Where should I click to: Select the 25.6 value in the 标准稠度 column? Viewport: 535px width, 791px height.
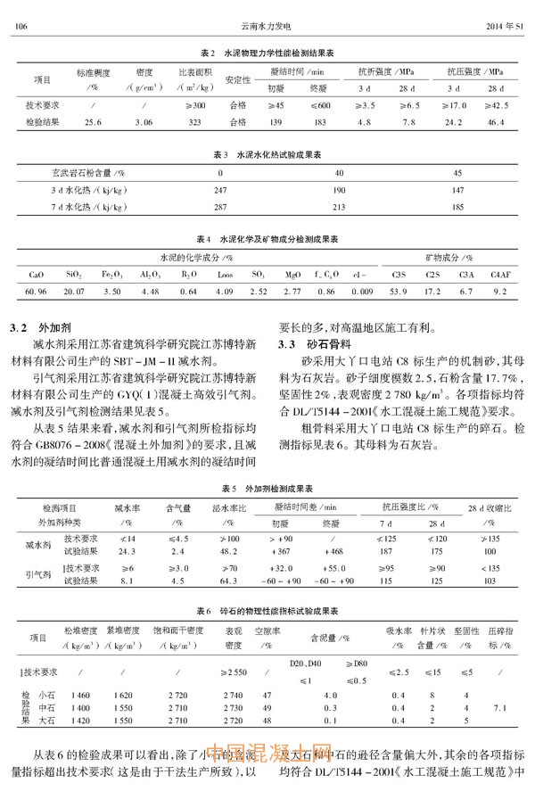pyautogui.click(x=92, y=120)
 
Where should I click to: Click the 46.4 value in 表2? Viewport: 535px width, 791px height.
pyautogui.click(x=496, y=120)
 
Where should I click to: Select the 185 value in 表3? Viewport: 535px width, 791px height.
pyautogui.click(x=458, y=207)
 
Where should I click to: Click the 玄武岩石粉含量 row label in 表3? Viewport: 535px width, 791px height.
pyautogui.click(x=86, y=173)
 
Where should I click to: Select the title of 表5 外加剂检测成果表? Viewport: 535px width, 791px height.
pyautogui.click(x=267, y=490)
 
